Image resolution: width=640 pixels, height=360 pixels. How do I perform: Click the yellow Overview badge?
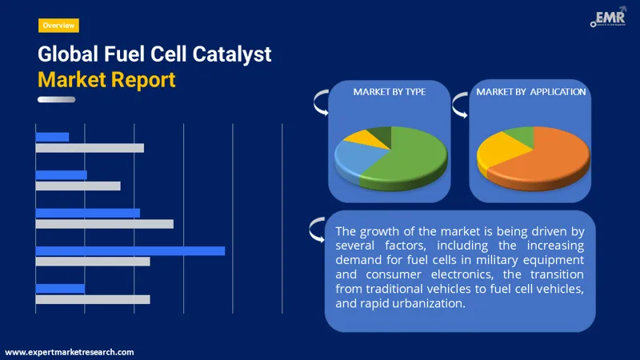[x=58, y=26]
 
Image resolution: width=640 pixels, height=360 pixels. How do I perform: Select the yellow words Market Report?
[x=106, y=80]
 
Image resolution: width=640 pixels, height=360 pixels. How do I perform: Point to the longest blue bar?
[x=130, y=251]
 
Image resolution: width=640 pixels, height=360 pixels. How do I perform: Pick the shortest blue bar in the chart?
[x=52, y=137]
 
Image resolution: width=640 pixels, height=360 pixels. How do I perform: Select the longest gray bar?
[x=104, y=224]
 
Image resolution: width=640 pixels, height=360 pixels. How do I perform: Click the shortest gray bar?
[x=78, y=186]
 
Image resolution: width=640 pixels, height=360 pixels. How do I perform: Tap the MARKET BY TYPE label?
[x=389, y=92]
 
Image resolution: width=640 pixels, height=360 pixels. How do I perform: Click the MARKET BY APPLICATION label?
[x=531, y=92]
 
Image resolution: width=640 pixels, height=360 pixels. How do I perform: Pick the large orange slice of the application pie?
[x=552, y=156]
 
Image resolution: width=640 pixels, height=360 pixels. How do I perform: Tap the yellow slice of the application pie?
[x=498, y=148]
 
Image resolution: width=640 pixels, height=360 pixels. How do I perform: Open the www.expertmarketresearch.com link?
[x=70, y=352]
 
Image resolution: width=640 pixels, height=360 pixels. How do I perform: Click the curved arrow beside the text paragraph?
[x=317, y=230]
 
